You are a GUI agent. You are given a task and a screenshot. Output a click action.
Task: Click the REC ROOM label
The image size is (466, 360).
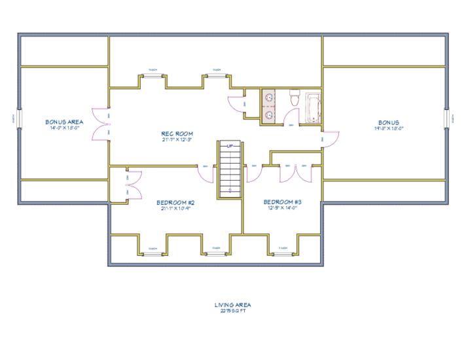tap(176, 133)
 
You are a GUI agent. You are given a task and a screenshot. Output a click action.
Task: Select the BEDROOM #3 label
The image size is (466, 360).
tap(282, 202)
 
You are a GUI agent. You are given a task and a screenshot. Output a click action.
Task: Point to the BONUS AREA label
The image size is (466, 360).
tap(64, 122)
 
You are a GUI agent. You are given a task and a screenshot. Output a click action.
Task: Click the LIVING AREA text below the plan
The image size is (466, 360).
tap(232, 304)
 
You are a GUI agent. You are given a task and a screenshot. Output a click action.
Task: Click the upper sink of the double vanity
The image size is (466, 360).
tap(269, 98)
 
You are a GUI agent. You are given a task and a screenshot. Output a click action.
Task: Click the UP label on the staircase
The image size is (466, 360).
tap(230, 146)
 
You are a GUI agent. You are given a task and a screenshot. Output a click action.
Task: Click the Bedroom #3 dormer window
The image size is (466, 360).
tap(283, 252)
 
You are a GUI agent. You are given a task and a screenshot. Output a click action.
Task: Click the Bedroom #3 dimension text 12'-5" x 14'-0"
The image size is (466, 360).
tap(282, 208)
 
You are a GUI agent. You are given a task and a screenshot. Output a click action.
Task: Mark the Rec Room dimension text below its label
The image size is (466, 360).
tap(176, 139)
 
